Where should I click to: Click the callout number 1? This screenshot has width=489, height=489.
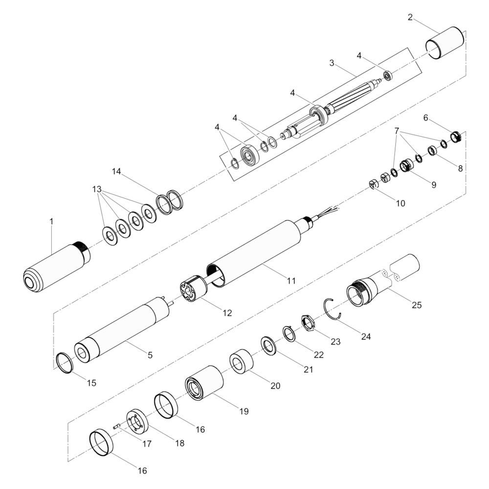[x=52, y=222]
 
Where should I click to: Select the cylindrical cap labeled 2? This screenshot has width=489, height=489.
[x=445, y=43]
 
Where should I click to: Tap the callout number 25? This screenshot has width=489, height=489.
[x=417, y=305]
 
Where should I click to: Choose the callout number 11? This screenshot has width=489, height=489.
[x=291, y=281]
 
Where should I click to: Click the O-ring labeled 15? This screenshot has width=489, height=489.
[x=65, y=362]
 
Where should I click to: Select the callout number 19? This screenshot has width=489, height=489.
[x=244, y=411]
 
